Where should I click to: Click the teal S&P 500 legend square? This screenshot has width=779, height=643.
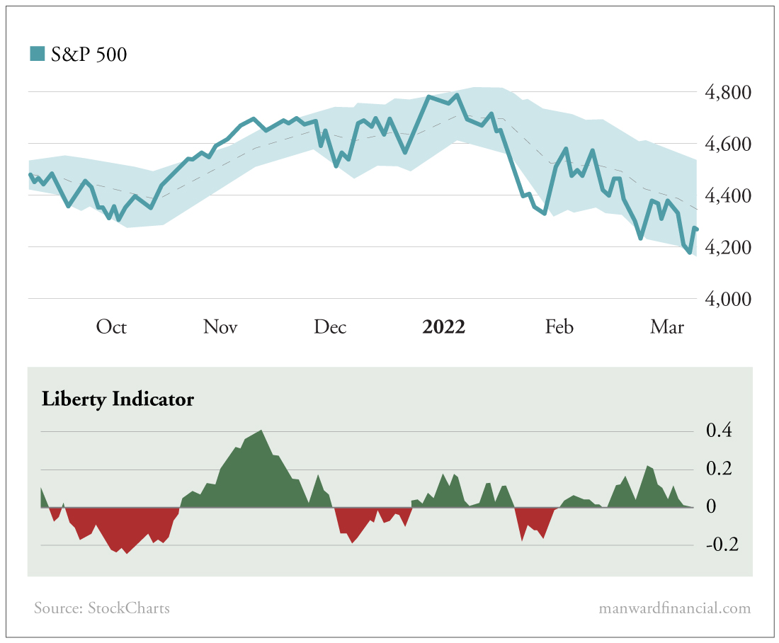pos(37,54)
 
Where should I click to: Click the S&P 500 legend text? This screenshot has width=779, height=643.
pos(89,54)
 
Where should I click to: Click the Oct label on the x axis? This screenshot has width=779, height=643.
pos(111,326)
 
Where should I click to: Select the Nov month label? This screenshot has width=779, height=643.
pos(220,326)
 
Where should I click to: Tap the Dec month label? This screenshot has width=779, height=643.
pos(330,326)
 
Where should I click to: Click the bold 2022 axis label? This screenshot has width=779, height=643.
pos(443,326)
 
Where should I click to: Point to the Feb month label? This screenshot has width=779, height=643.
pos(559,326)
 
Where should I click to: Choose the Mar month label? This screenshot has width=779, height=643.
pos(667,326)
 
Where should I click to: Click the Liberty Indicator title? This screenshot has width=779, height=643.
pos(118,399)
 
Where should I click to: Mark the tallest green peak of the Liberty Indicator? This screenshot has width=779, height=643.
pos(262,431)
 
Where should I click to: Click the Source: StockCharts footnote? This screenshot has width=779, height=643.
pos(102,608)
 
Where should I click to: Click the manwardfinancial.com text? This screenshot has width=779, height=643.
pos(674,608)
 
